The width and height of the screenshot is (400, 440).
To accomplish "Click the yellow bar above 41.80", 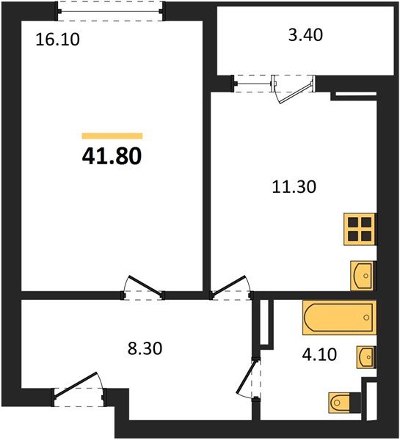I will (x=112, y=136).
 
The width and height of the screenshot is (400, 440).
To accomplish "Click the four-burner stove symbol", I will (x=360, y=230).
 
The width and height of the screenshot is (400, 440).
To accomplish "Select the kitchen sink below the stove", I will (x=363, y=276).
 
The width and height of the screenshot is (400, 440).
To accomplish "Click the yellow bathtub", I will (x=338, y=318).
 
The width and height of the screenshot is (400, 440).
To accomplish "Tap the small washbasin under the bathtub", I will (x=366, y=358).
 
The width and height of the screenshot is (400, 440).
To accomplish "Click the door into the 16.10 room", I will (x=142, y=288).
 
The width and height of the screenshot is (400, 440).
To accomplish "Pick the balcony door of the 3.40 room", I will (x=294, y=87).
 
